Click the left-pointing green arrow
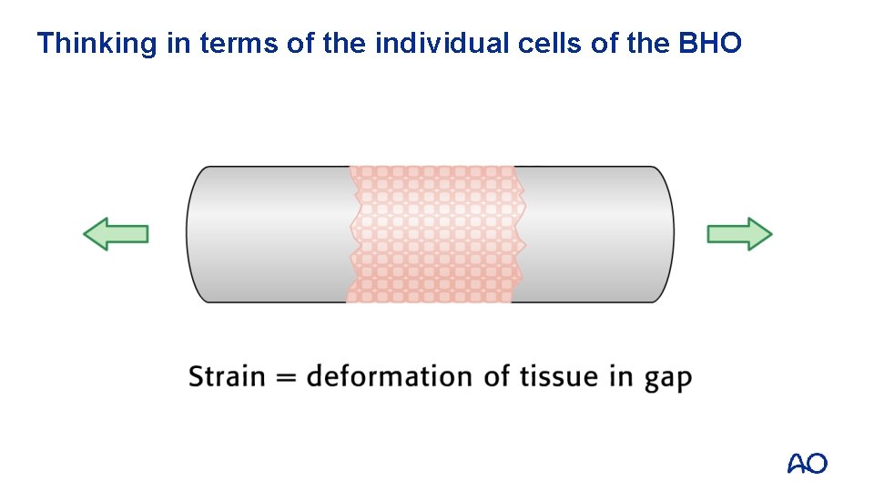[x=116, y=234]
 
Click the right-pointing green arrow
[x=739, y=234]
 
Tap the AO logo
[x=807, y=464]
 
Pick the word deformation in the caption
[x=390, y=376]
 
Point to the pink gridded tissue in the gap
[x=432, y=234]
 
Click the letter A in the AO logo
[x=797, y=464]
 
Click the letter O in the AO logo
[x=817, y=464]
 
